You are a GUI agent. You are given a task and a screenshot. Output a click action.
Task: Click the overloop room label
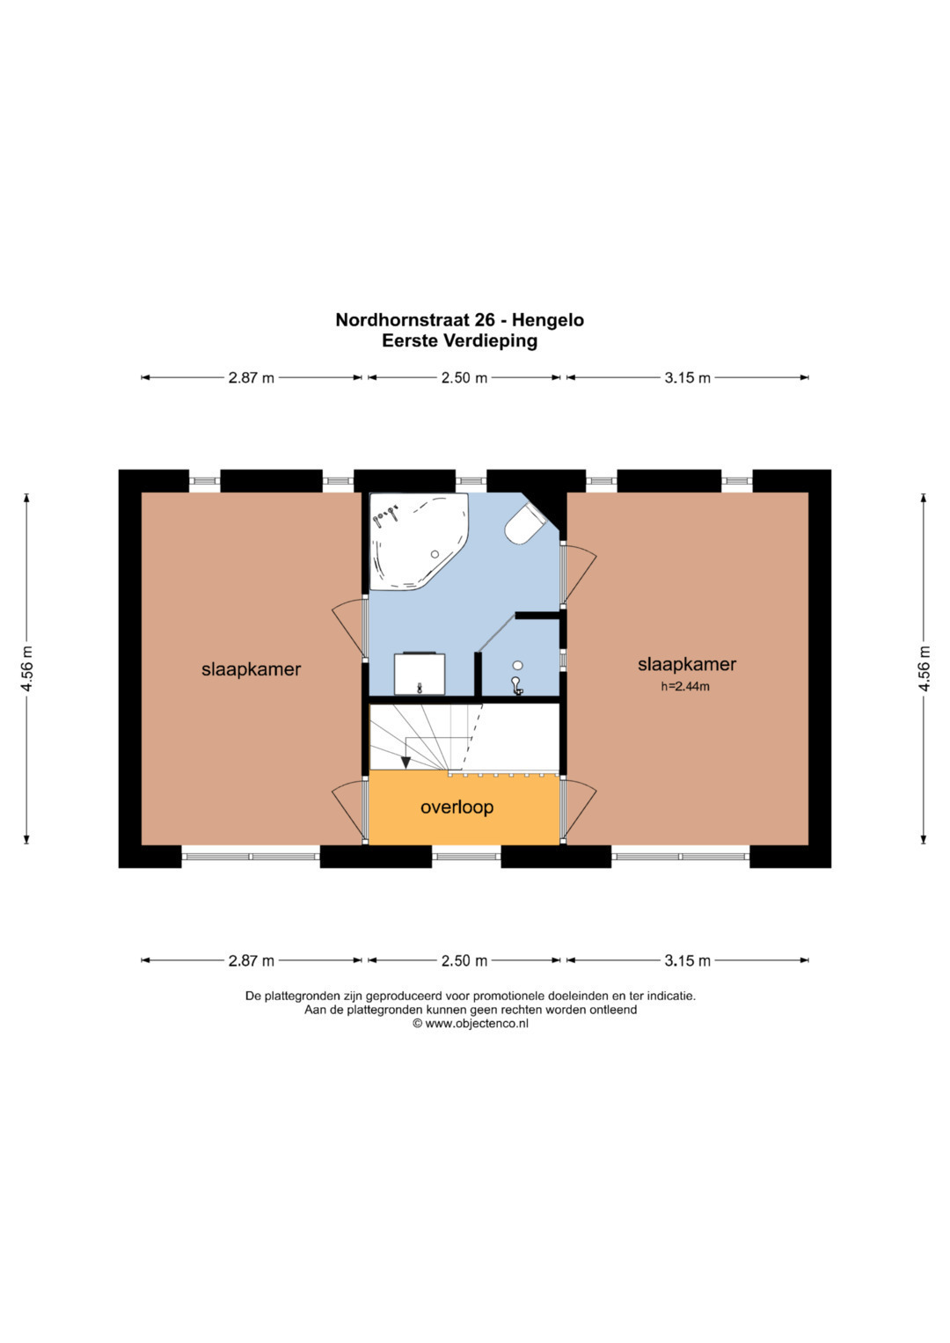(457, 807)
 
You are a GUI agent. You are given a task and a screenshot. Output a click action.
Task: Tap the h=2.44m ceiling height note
(685, 687)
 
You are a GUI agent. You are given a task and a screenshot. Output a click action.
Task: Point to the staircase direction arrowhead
(406, 762)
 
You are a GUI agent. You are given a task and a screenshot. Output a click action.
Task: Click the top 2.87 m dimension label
(251, 377)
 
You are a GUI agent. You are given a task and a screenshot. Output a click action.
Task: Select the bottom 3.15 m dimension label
(687, 960)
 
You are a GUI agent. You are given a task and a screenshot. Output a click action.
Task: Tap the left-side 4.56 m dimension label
(27, 668)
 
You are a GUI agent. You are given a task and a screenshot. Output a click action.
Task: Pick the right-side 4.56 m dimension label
(924, 668)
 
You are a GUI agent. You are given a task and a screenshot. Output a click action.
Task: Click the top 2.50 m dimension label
(464, 377)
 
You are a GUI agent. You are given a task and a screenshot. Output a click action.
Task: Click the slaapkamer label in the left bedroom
(251, 669)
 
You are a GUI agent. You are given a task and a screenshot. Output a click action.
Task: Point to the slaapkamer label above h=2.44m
(687, 664)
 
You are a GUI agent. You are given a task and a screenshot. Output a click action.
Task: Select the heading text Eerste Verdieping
(459, 341)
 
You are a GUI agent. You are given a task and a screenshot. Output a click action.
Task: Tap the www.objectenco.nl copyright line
(471, 1024)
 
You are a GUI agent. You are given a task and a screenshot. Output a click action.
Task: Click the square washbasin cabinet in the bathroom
(420, 674)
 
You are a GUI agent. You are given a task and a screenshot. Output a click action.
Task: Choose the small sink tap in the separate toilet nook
(516, 685)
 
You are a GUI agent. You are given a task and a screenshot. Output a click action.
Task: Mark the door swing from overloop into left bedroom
(347, 810)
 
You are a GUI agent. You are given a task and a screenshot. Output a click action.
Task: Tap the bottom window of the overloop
(466, 856)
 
